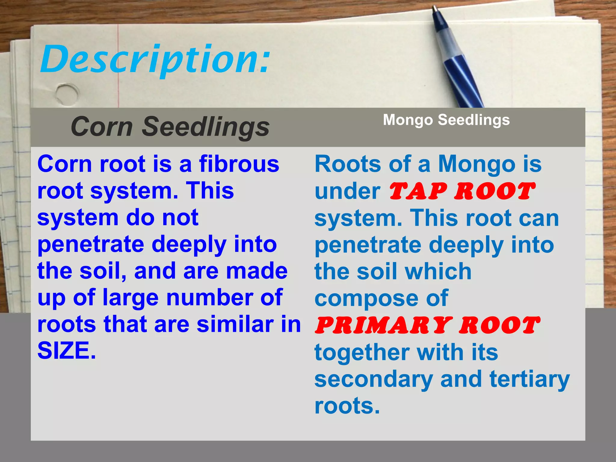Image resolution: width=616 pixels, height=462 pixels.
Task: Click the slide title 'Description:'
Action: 155,59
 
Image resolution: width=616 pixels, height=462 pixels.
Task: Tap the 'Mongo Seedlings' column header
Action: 446,120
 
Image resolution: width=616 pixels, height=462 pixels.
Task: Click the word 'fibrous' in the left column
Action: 239,164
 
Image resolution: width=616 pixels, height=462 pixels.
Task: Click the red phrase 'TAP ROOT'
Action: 462,192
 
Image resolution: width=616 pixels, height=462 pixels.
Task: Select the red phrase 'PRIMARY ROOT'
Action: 427,325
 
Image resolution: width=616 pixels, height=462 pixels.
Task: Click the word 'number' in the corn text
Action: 210,298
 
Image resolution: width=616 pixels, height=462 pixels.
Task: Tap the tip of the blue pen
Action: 434,7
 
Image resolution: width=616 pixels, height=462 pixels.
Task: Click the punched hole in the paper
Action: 67,94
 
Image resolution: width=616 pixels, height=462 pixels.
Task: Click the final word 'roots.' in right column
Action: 347,406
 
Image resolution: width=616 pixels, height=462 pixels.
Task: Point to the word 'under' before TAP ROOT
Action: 347,192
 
